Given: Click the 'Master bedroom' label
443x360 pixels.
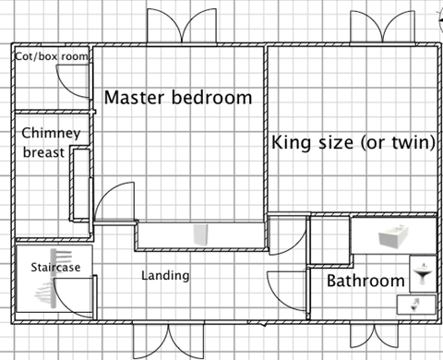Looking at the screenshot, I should [177, 97].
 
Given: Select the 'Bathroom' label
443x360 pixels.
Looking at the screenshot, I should [365, 281].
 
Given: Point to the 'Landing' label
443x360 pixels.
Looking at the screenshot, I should [165, 275].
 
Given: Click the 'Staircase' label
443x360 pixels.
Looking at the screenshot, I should [42, 267].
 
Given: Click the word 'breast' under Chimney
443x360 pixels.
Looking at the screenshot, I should [43, 151].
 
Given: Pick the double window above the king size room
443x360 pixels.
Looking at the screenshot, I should [377, 28].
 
